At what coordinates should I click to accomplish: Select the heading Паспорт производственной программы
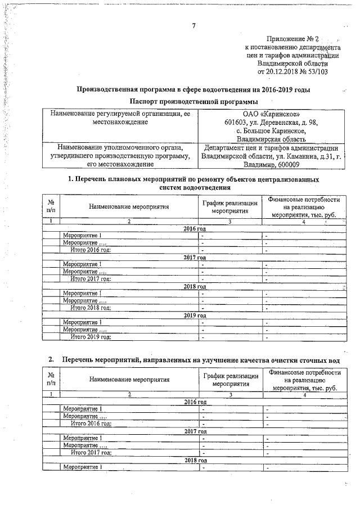coord(193,101)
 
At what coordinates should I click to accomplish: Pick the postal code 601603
coord(235,123)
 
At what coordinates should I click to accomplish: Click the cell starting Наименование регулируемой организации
coord(122,118)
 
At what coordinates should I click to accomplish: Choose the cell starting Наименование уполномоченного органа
coord(122,156)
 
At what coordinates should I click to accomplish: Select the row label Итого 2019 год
coord(90,337)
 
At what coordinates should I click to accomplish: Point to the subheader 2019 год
coord(195,316)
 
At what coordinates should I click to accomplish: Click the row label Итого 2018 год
coord(90,308)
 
